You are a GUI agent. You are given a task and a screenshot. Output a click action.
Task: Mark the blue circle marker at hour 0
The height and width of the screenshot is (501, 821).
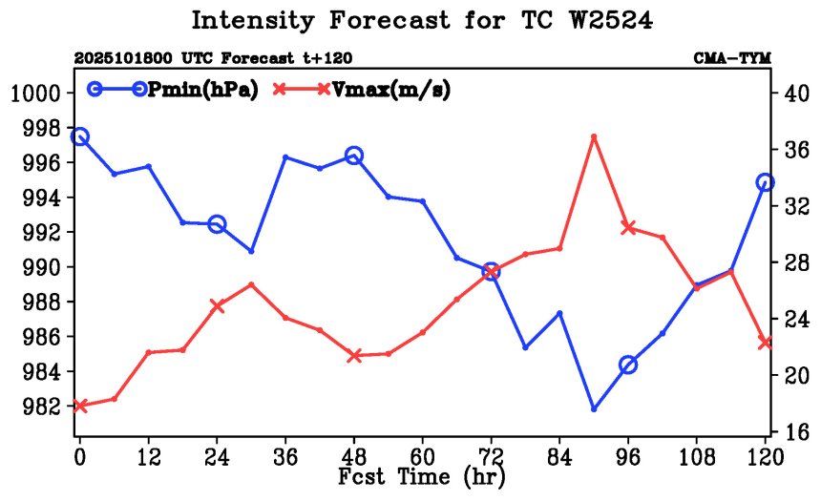pyautogui.click(x=80, y=137)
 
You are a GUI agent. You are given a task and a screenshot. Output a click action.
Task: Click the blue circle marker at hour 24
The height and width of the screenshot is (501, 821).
pyautogui.click(x=217, y=224)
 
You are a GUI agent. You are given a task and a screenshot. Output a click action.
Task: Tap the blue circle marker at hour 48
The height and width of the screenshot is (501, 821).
pyautogui.click(x=354, y=156)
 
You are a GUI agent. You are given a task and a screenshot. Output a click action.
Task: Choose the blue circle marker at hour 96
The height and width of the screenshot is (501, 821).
pyautogui.click(x=628, y=365)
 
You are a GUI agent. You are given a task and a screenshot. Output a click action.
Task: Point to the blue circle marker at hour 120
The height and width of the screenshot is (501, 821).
pyautogui.click(x=765, y=182)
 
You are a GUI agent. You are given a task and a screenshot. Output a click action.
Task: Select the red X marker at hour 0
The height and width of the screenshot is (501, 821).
pyautogui.click(x=80, y=406)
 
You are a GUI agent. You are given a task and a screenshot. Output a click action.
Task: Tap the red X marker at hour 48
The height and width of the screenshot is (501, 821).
pyautogui.click(x=354, y=356)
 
